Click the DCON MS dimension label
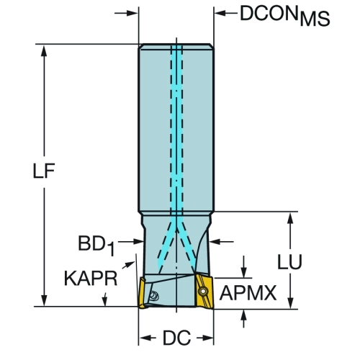pyautogui.click(x=285, y=15)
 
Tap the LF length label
pyautogui.click(x=44, y=171)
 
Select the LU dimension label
pyautogui.click(x=289, y=261)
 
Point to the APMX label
pyautogui.click(x=248, y=293)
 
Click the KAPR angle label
pyautogui.click(x=91, y=279)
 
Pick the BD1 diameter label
pyautogui.click(x=96, y=245)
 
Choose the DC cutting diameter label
pyautogui.click(x=177, y=338)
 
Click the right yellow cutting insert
pyautogui.click(x=204, y=291)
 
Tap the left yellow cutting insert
pyautogui.click(x=142, y=292)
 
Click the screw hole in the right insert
pyautogui.click(x=203, y=292)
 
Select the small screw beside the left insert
pyautogui.click(x=153, y=295)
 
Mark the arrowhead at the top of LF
pyautogui.click(x=44, y=50)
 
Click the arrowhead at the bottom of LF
pyautogui.click(x=44, y=300)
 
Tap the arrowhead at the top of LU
pyautogui.click(x=290, y=218)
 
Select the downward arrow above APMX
pyautogui.click(x=244, y=267)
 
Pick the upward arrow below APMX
pyautogui.click(x=243, y=318)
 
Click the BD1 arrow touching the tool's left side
pyautogui.click(x=131, y=242)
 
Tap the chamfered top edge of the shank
pyautogui.click(x=176, y=46)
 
